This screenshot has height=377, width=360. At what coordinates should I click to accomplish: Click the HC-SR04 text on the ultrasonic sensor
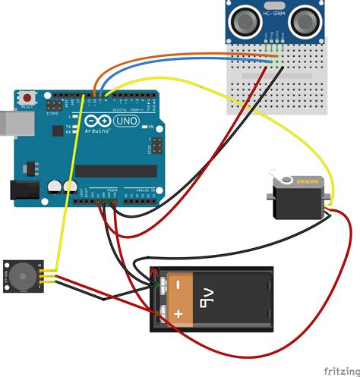[x=273, y=12]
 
